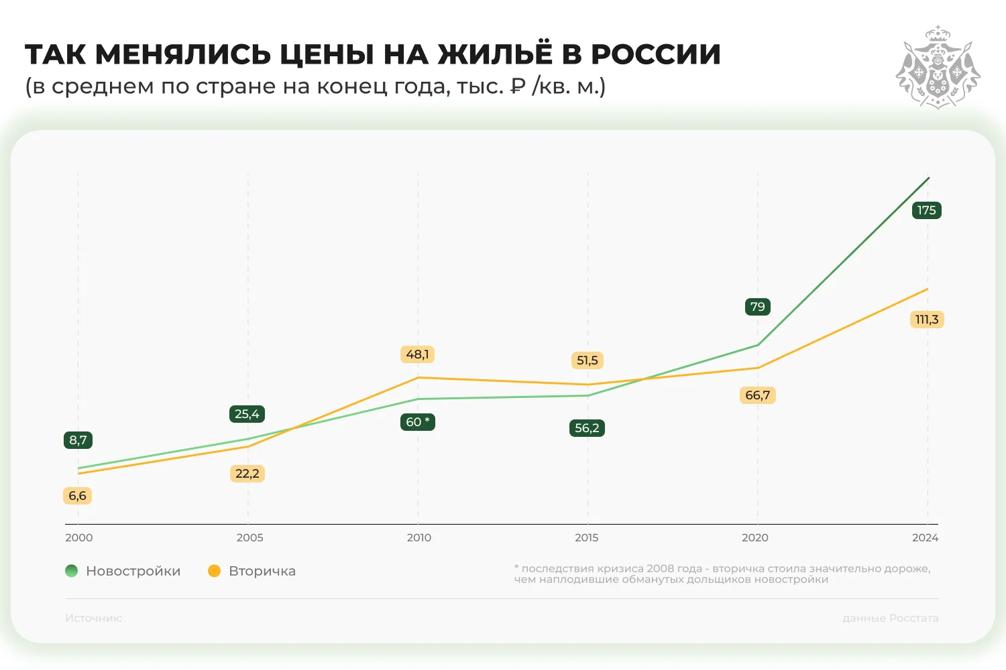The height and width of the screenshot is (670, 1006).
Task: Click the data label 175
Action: pyautogui.click(x=926, y=210)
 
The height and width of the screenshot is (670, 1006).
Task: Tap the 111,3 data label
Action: pyautogui.click(x=927, y=320)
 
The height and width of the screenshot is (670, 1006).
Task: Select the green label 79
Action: pyautogui.click(x=757, y=307)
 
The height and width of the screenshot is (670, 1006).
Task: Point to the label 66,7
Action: pyautogui.click(x=757, y=395)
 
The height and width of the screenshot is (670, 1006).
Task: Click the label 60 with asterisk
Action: pyautogui.click(x=417, y=422)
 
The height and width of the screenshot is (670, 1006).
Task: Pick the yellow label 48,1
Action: pyautogui.click(x=417, y=354)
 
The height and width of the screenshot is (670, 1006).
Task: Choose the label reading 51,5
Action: pyautogui.click(x=587, y=360)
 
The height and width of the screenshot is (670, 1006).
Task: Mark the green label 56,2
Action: pyautogui.click(x=587, y=428)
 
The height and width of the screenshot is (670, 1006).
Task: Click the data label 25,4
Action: pyautogui.click(x=247, y=414)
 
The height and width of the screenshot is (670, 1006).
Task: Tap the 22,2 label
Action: pyautogui.click(x=247, y=474)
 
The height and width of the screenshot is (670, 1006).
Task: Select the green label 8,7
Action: pyautogui.click(x=78, y=440)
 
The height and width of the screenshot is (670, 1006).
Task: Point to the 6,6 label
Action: pyautogui.click(x=77, y=496)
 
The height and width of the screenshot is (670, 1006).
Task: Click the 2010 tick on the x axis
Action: pyautogui.click(x=419, y=537)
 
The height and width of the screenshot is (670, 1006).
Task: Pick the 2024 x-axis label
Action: pyautogui.click(x=925, y=537)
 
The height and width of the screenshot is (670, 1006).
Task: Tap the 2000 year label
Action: pyautogui.click(x=79, y=537)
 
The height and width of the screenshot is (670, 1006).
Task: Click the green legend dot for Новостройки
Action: pyautogui.click(x=72, y=571)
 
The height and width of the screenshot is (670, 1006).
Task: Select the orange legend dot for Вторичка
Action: pyautogui.click(x=214, y=571)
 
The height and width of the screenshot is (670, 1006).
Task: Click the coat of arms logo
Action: pyautogui.click(x=938, y=67)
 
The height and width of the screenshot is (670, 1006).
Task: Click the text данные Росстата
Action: pyautogui.click(x=890, y=618)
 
